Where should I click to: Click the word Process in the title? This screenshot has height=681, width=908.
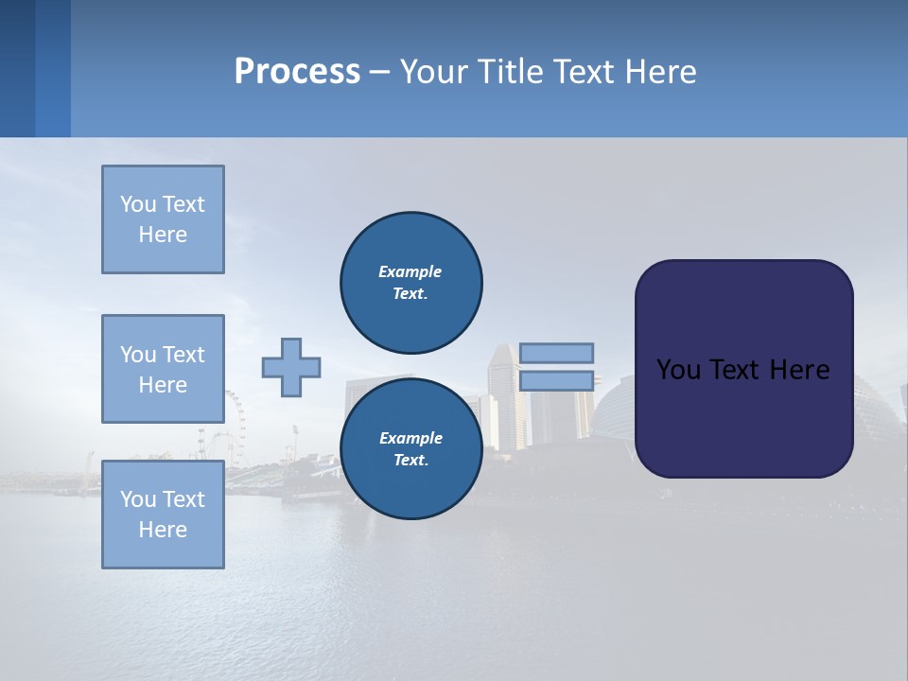click(x=297, y=72)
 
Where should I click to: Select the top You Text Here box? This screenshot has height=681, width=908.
click(x=163, y=219)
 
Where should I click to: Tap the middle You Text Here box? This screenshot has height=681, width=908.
click(x=163, y=369)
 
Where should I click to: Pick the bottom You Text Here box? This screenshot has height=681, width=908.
click(x=163, y=515)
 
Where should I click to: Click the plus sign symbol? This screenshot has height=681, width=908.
click(x=290, y=367)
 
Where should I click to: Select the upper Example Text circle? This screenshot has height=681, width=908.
click(x=410, y=282)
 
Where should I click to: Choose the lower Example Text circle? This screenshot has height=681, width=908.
click(x=410, y=448)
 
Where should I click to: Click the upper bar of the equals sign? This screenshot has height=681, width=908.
click(x=556, y=353)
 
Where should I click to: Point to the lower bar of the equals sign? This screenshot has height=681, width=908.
click(x=556, y=381)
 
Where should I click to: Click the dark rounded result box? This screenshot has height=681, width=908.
click(x=743, y=369)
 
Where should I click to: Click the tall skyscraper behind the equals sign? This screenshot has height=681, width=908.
click(x=505, y=397)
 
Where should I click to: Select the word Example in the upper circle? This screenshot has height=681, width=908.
click(x=410, y=271)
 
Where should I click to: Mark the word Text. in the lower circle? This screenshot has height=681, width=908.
click(x=410, y=460)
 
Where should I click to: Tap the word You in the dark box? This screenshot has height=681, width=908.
click(x=677, y=370)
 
